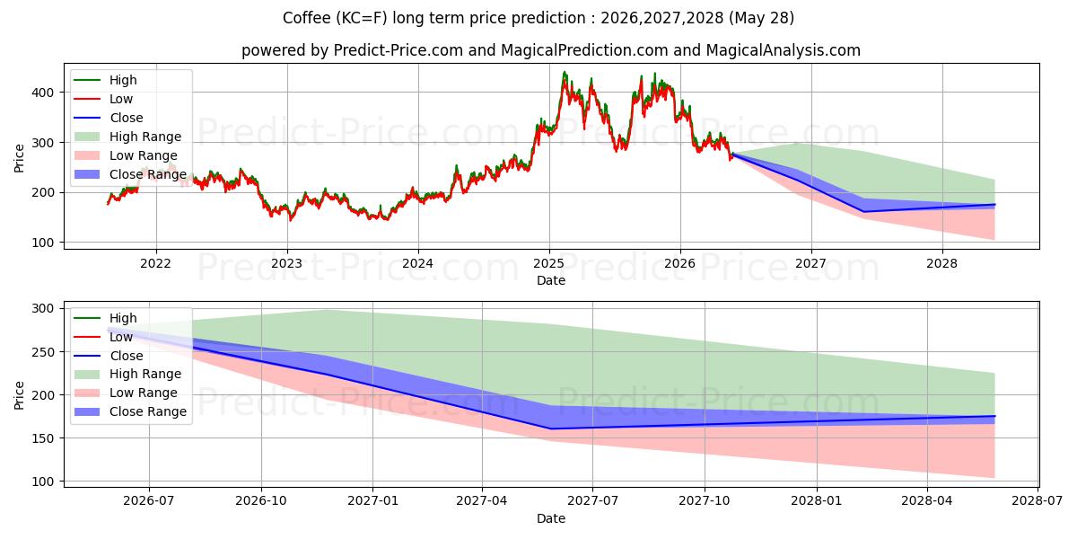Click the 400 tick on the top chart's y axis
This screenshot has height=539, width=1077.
[x=42, y=93]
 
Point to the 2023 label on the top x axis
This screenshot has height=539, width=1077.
[x=286, y=264]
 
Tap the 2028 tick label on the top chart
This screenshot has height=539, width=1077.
[x=941, y=264]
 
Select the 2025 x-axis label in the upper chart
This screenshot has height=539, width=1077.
[x=548, y=264]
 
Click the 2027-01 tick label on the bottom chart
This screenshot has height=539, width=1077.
[x=372, y=501]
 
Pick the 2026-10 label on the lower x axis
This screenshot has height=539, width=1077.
[x=261, y=501]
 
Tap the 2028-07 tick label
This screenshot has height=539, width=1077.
[x=1038, y=501]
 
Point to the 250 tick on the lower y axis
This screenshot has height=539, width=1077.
[x=42, y=352]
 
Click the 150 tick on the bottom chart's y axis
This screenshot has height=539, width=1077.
[x=42, y=438]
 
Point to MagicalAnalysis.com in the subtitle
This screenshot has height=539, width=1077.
[x=783, y=50]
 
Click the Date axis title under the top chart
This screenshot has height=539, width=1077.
[x=550, y=280]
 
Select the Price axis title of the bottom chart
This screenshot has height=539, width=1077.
[x=19, y=395]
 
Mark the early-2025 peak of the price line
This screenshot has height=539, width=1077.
[x=565, y=72]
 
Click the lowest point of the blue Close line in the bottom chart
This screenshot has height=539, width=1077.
[x=551, y=429]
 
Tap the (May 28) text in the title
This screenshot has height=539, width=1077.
[x=762, y=18]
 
